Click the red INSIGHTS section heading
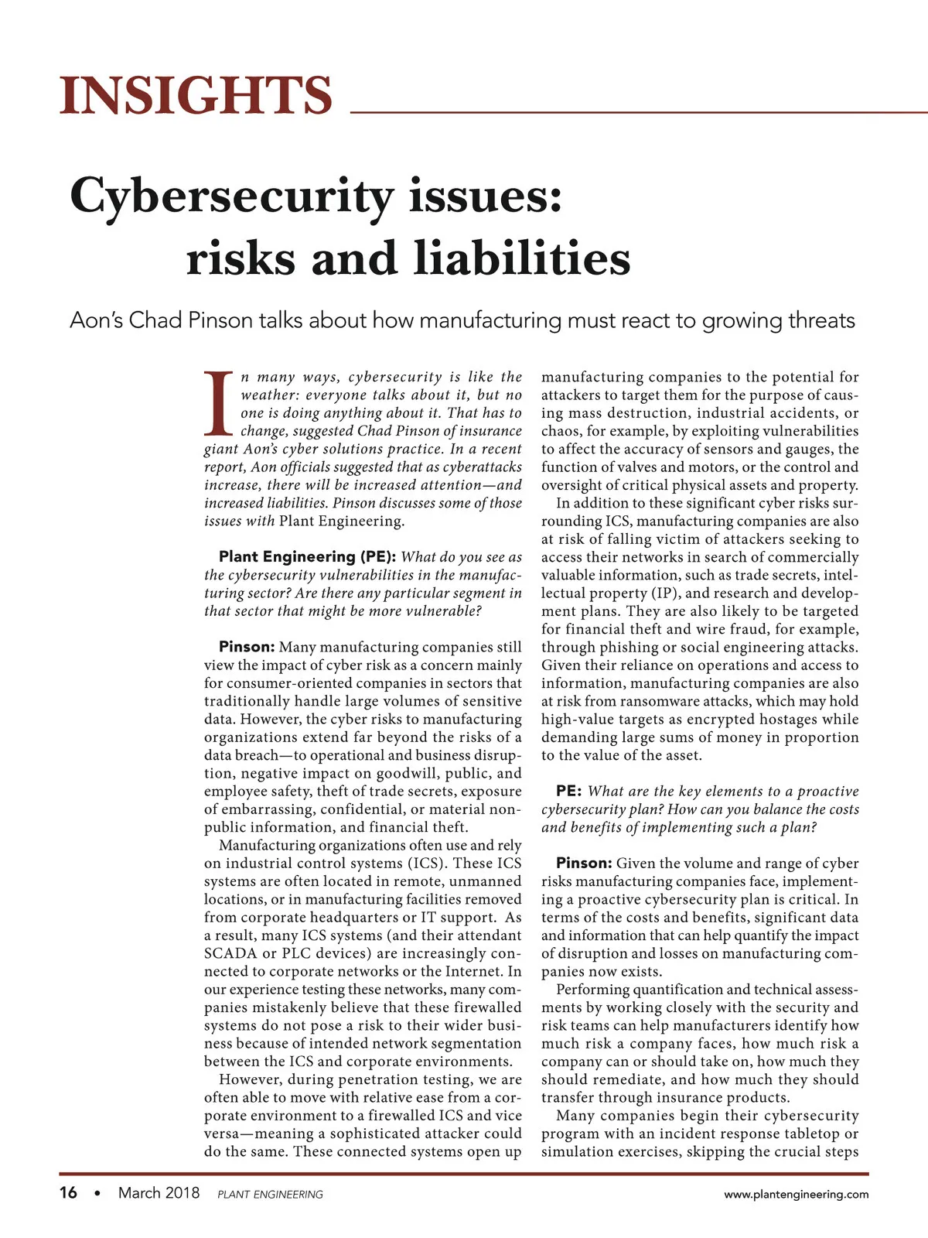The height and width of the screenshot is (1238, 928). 196,95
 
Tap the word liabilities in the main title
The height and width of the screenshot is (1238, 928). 523,259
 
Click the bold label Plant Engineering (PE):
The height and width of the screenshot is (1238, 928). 308,557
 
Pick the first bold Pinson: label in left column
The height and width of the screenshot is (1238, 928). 247,647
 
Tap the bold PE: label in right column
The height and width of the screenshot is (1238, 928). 568,791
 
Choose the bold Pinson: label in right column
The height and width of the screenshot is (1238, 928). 584,864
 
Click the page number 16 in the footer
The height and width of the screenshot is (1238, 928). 68,1193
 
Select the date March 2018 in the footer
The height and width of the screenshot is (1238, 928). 159,1193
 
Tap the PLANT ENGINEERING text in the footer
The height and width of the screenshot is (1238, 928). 270,1195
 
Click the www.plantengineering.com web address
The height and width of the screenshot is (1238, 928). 796,1195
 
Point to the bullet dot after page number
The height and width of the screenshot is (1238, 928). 97,1194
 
